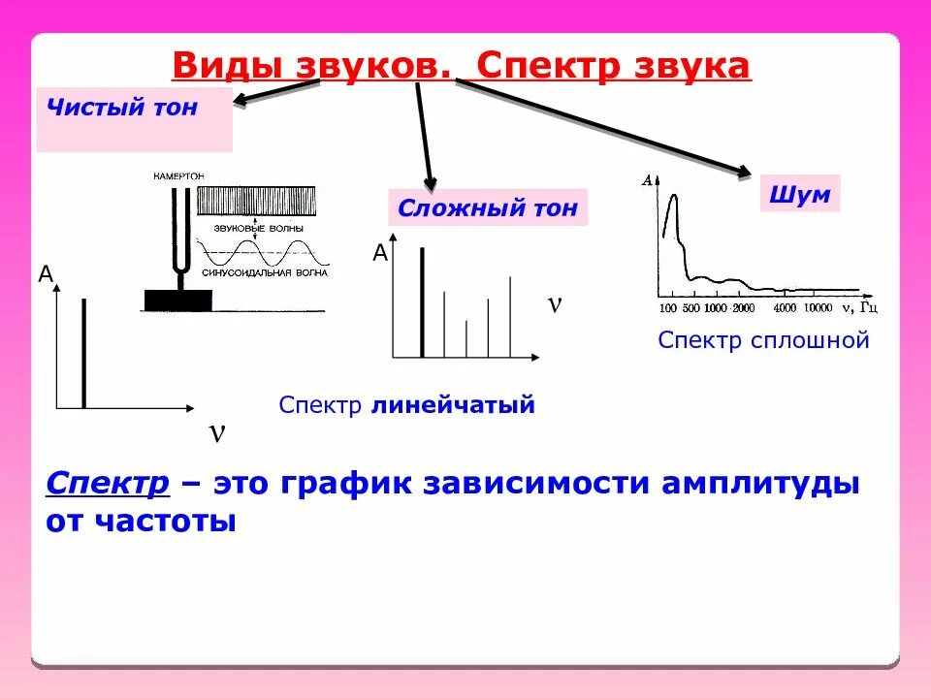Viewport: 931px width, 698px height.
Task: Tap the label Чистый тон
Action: coord(121,108)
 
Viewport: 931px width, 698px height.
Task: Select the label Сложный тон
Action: coord(488,207)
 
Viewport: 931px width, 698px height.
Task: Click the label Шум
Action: coord(800,195)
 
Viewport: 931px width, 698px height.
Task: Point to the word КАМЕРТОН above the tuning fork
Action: coord(178,176)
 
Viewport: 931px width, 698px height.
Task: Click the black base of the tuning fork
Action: coord(177,301)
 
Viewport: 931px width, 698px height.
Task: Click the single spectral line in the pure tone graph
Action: coord(84,353)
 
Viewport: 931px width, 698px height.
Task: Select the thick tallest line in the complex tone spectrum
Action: coord(422,302)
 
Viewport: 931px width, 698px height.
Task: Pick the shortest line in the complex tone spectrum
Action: coord(466,339)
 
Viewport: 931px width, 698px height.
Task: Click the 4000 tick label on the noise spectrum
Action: coord(786,308)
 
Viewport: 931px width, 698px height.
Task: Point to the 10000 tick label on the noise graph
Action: coord(818,308)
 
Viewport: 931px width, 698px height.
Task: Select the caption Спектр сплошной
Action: coord(763,340)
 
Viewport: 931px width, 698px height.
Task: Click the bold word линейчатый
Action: coord(453,405)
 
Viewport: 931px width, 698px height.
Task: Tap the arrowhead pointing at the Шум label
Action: coord(744,174)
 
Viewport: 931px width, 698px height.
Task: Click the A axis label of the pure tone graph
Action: coord(45,274)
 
